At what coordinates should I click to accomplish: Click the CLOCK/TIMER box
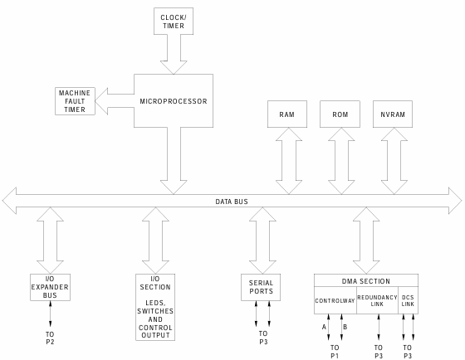(x=174, y=21)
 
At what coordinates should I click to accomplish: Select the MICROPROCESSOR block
(x=174, y=100)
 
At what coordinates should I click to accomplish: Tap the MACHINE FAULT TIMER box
(x=75, y=101)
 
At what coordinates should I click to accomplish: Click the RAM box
(x=287, y=114)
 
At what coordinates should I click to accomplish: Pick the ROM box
(x=340, y=114)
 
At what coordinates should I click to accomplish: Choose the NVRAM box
(x=393, y=114)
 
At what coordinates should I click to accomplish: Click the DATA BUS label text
(x=232, y=202)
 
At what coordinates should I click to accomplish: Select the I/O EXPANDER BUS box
(x=50, y=287)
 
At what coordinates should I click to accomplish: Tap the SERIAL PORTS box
(x=261, y=287)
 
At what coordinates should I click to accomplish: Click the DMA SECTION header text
(x=366, y=281)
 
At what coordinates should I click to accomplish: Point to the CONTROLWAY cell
(x=335, y=300)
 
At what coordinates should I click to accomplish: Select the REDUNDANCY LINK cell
(x=377, y=300)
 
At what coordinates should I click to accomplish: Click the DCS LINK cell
(x=408, y=300)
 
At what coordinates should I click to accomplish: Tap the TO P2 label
(x=50, y=338)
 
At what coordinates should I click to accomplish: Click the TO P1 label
(x=335, y=352)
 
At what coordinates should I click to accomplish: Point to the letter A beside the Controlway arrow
(x=324, y=327)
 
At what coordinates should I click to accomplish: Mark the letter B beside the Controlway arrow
(x=345, y=327)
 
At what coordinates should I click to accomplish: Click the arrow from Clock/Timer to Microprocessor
(x=174, y=54)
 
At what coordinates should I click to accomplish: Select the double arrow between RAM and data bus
(x=289, y=161)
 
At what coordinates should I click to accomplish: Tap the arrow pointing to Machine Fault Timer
(x=115, y=101)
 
